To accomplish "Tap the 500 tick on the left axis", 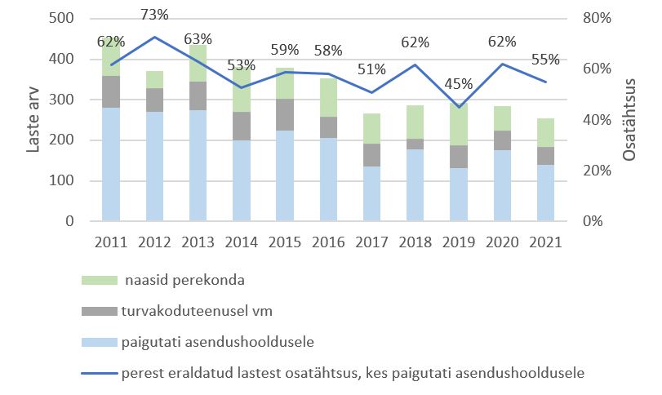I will (63, 19).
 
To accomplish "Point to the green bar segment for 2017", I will (373, 129).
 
